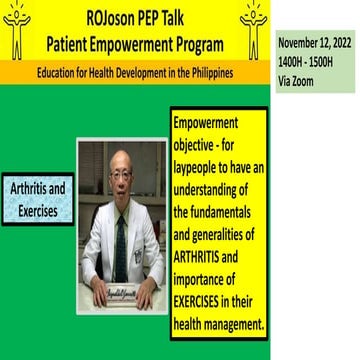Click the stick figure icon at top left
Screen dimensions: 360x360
click(17, 29)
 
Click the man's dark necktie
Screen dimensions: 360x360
click(122, 240)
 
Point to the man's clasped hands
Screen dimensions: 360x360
click(120, 283)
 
